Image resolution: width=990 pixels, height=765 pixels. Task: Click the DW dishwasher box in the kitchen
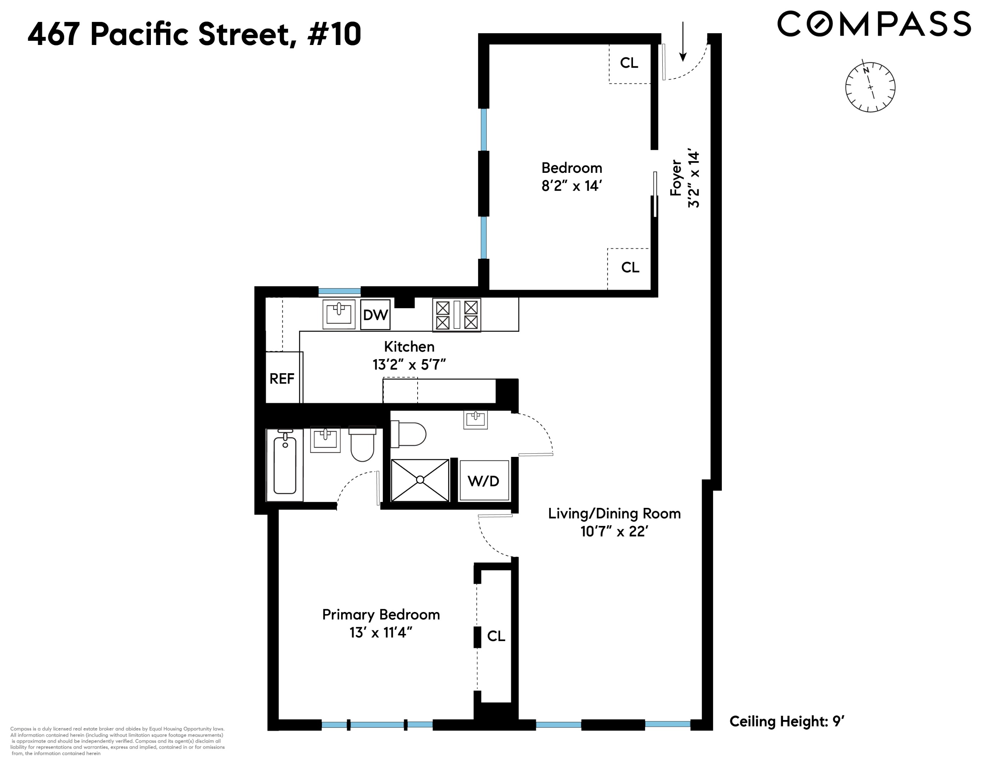tap(375, 314)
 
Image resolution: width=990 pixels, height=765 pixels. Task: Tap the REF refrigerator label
tap(282, 378)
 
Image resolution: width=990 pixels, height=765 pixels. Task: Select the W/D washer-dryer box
tap(484, 481)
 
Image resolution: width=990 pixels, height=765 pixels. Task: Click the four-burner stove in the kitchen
tap(457, 314)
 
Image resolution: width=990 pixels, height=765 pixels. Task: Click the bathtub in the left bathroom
tap(285, 465)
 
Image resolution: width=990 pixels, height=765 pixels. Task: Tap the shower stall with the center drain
tap(420, 480)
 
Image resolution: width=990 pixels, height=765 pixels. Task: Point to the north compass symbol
tap(870, 87)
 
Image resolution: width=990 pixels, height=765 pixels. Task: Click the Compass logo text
tap(873, 24)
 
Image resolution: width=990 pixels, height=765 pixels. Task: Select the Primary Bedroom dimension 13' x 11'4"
tap(381, 633)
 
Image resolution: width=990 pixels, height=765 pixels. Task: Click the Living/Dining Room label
tap(614, 514)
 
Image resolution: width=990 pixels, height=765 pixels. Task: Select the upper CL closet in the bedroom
tap(629, 63)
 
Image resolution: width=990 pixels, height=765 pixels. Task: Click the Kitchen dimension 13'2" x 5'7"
tap(409, 364)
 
